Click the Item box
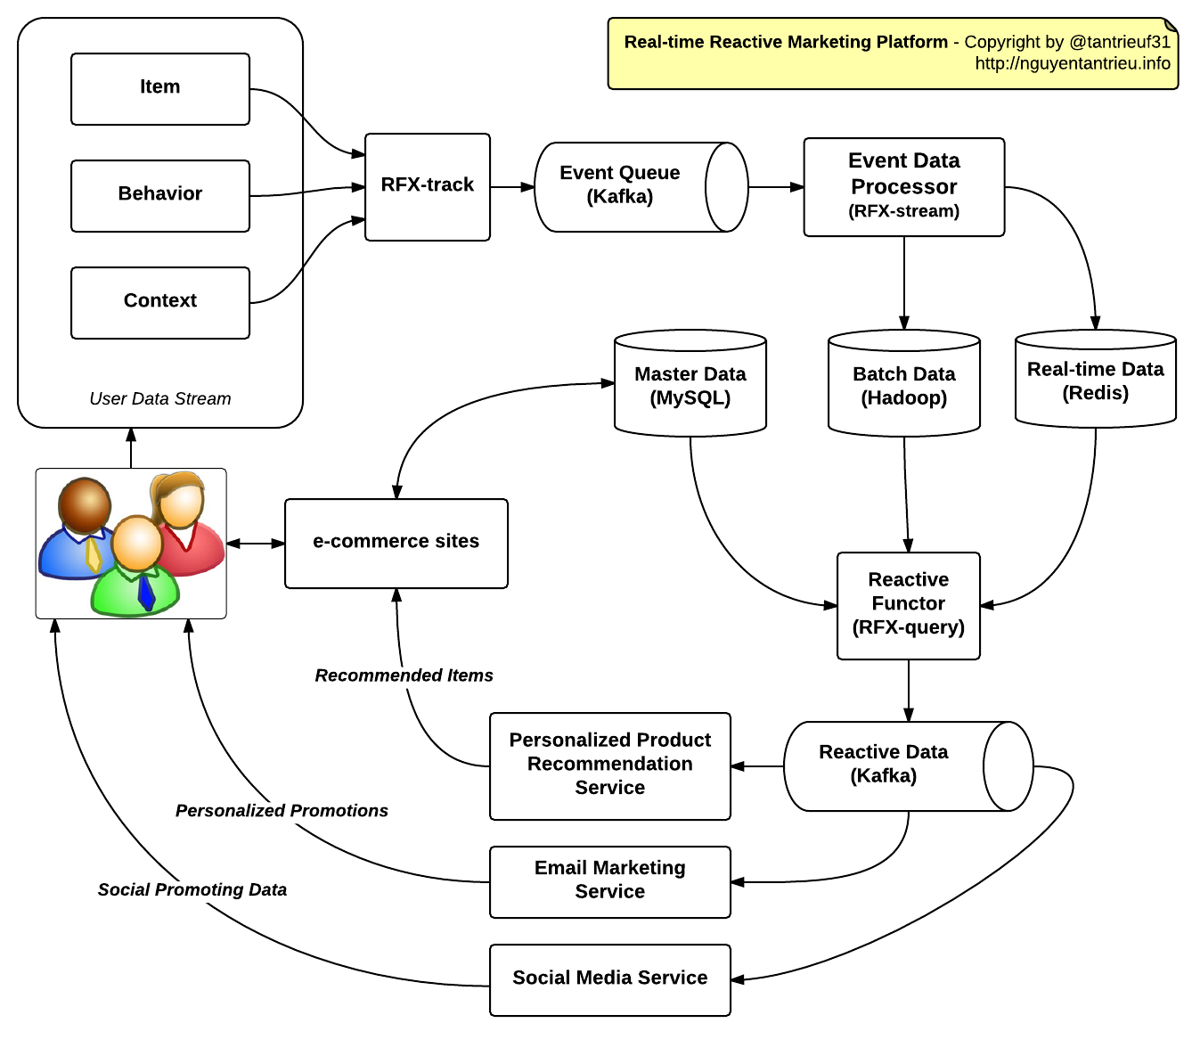click(160, 88)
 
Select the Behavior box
click(160, 195)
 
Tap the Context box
click(160, 302)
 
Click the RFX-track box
click(428, 186)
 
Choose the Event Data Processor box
click(903, 186)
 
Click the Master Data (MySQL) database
click(690, 385)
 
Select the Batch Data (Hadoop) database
click(904, 385)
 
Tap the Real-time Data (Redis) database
click(1096, 381)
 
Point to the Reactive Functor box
click(909, 604)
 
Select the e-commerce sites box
click(396, 543)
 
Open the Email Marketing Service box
click(610, 881)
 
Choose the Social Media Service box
click(610, 979)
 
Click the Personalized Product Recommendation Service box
click(610, 765)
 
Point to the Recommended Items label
click(404, 675)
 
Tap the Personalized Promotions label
click(282, 811)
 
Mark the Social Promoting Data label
click(192, 890)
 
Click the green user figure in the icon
click(135, 570)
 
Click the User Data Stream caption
click(160, 399)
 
